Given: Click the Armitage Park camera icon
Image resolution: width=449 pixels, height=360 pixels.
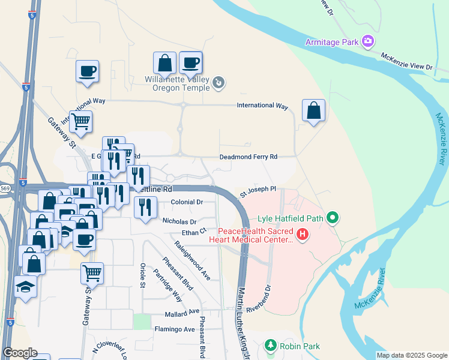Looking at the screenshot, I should [x=369, y=41].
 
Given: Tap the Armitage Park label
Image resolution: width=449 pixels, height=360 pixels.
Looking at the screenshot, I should [x=331, y=41].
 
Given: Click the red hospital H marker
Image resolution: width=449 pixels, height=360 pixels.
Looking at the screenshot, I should [x=303, y=234].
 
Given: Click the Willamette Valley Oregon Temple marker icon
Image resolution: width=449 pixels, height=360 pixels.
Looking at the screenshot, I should [x=219, y=83].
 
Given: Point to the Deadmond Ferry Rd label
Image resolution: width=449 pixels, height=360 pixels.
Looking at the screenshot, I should [x=249, y=157].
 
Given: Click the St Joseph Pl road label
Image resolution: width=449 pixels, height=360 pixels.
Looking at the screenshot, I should [x=258, y=191].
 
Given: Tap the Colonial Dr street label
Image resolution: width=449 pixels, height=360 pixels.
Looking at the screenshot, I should [x=187, y=202].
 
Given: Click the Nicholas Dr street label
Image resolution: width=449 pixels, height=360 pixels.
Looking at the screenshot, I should [x=179, y=221].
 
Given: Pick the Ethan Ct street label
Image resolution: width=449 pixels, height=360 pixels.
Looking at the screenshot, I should [x=194, y=231].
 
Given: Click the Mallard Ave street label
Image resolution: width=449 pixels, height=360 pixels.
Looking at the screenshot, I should [x=181, y=312].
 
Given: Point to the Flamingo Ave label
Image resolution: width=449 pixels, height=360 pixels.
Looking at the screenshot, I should [x=173, y=329].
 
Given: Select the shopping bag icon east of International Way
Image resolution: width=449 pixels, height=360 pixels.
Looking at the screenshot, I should [x=313, y=111].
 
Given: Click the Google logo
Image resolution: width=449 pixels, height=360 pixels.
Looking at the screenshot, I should [x=20, y=353].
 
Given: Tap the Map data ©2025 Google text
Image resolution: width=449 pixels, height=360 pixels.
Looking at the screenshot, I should [x=411, y=355].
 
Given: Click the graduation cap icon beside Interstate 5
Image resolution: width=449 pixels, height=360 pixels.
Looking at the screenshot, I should [x=25, y=288].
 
